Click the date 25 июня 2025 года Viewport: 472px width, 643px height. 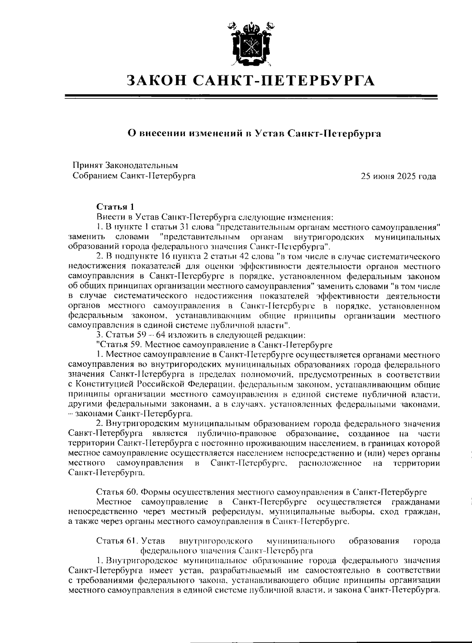pos(398,176)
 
